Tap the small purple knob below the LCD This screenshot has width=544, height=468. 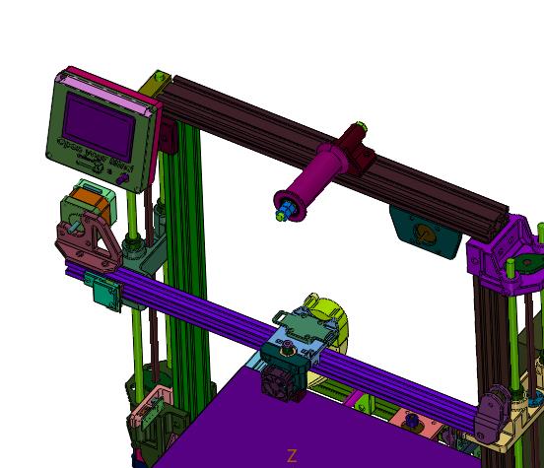124,180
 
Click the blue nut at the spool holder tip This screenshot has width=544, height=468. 283,210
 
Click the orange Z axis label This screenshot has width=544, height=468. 292,455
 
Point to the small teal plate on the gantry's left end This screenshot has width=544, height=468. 102,291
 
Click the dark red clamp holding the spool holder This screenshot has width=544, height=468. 358,148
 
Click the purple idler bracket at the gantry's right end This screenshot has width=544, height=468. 494,415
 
